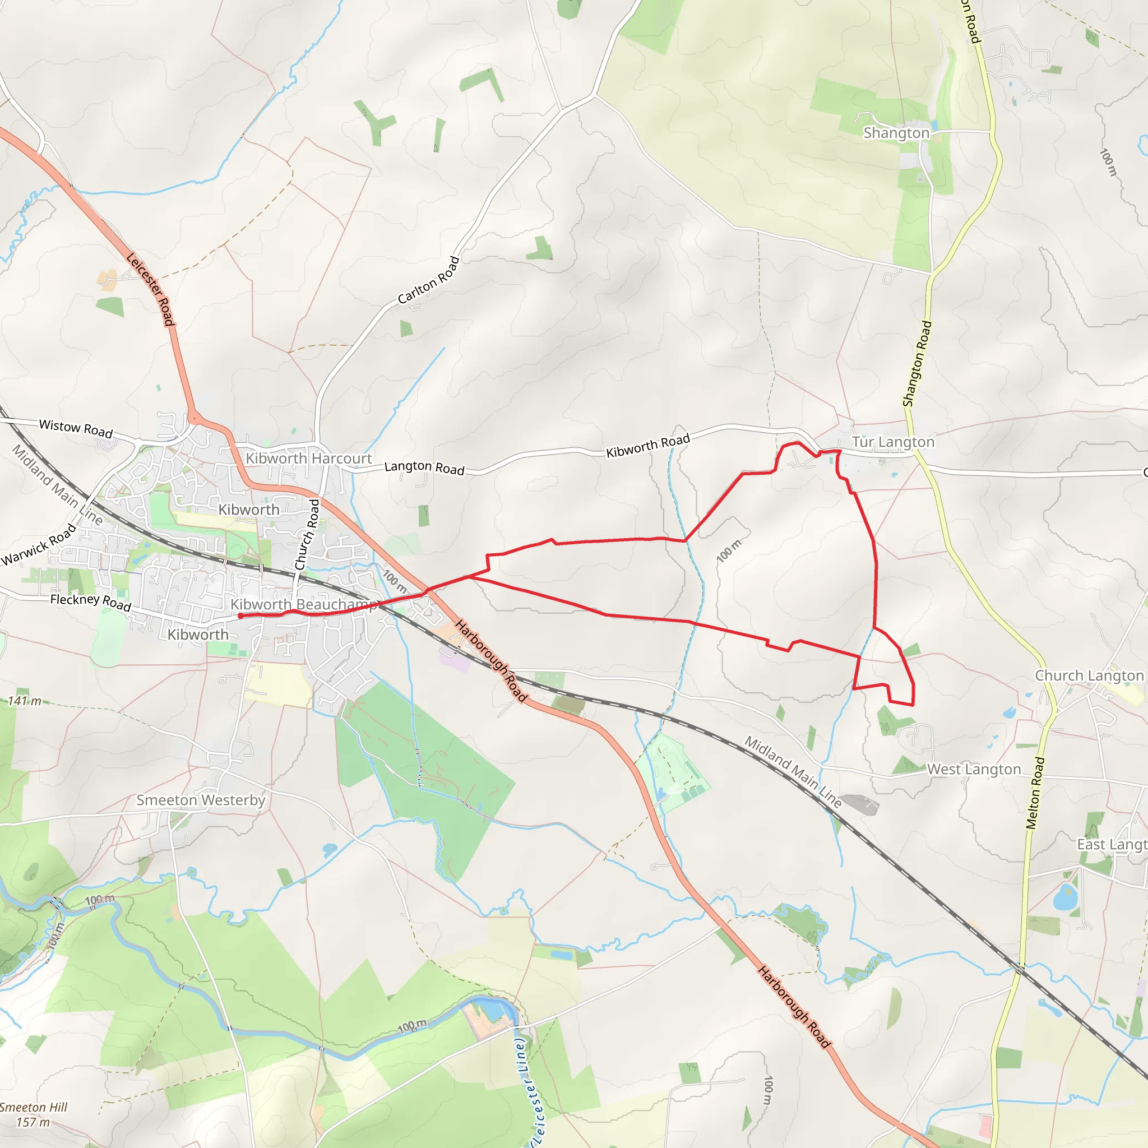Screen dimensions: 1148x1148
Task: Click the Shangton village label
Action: [x=896, y=133]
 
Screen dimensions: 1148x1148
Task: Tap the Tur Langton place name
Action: [x=893, y=442]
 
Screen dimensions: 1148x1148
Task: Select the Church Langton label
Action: [x=1089, y=675]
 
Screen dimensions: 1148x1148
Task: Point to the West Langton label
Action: [x=974, y=770]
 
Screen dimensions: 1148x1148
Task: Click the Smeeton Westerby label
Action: [x=201, y=800]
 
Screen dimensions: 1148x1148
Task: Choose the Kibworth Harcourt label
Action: [x=308, y=459]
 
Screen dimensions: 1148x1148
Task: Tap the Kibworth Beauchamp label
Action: [x=304, y=604]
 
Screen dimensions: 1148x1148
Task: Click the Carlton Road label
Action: [x=428, y=280]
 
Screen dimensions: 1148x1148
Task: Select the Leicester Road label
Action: [x=151, y=289]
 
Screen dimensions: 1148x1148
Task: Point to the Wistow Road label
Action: [x=76, y=428]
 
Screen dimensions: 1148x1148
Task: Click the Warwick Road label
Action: [x=39, y=544]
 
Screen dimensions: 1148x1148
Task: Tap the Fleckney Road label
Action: [x=90, y=602]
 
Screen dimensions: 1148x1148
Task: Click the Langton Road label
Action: [x=424, y=468]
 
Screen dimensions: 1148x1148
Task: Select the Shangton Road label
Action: [x=918, y=364]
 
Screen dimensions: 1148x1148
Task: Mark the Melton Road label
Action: [x=1035, y=793]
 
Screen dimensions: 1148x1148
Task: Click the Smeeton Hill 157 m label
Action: [x=33, y=1114]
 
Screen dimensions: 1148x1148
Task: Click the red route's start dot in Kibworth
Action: [x=240, y=616]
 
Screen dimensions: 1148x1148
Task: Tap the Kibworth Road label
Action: [x=647, y=445]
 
